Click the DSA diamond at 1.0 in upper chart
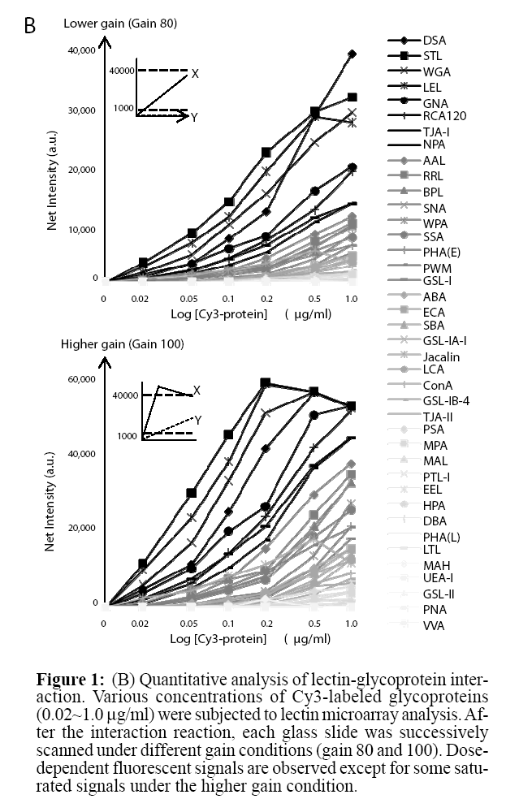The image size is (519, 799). pyautogui.click(x=352, y=54)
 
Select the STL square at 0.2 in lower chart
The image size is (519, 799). pyautogui.click(x=265, y=382)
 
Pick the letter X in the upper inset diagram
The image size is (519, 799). pyautogui.click(x=195, y=74)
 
